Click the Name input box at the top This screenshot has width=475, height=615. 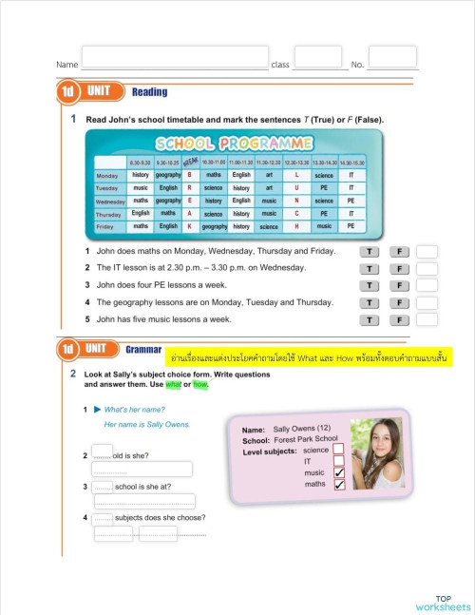(x=175, y=57)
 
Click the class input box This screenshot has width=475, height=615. (x=317, y=57)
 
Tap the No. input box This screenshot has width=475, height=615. (x=391, y=57)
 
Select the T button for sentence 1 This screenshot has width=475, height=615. (x=370, y=251)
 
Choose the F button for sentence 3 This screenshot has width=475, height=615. (x=399, y=285)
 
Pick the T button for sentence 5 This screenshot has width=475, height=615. (x=370, y=319)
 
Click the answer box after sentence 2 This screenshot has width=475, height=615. (x=427, y=268)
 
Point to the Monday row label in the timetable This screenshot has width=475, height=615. (x=107, y=176)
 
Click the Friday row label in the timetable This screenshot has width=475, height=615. (x=106, y=227)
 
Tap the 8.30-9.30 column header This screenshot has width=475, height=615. (x=140, y=163)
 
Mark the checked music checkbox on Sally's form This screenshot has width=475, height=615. (x=338, y=472)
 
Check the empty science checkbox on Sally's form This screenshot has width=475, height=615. (x=338, y=449)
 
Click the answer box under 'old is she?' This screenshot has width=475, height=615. (x=142, y=469)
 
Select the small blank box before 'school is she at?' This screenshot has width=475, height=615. (x=102, y=487)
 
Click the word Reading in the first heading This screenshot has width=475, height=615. (x=149, y=92)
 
